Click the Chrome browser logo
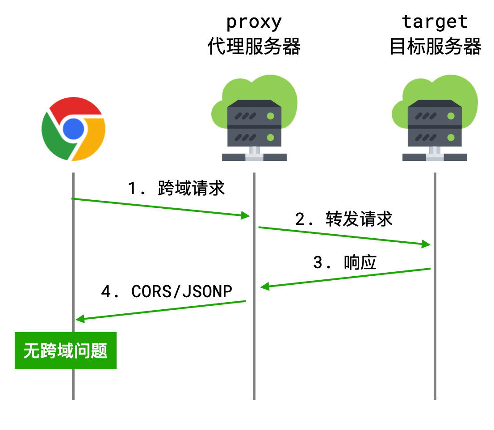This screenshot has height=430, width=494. click(x=73, y=129)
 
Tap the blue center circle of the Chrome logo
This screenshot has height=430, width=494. click(x=73, y=130)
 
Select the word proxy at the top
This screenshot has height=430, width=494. click(x=254, y=22)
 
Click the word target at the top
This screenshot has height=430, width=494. click(x=435, y=21)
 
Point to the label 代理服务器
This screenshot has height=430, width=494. click(x=254, y=46)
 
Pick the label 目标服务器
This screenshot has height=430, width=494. click(x=435, y=46)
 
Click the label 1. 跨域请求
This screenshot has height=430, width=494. click(x=176, y=189)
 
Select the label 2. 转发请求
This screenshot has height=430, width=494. click(x=343, y=219)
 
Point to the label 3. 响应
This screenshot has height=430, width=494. click(x=344, y=262)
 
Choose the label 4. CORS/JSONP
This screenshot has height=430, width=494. click(x=167, y=291)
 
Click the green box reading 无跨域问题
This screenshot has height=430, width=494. click(x=66, y=350)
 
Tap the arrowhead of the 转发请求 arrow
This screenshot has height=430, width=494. click(x=426, y=244)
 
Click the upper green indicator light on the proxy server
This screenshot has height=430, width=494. click(x=270, y=116)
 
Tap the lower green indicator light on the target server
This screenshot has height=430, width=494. click(x=451, y=137)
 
